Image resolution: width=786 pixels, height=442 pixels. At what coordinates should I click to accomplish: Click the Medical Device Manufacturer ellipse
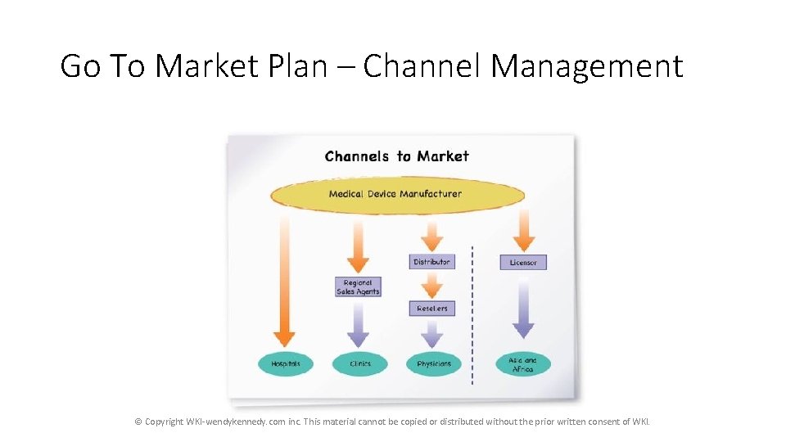[x=397, y=195]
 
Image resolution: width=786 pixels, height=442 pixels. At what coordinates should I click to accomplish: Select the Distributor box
[x=431, y=262]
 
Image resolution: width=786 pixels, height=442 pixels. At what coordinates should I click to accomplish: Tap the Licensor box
[x=523, y=263]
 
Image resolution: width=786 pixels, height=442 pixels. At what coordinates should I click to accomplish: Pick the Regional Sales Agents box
[x=358, y=287]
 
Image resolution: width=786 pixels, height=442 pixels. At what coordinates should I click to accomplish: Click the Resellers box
[x=431, y=309]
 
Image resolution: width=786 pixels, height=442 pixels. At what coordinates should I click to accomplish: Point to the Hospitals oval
[x=286, y=363]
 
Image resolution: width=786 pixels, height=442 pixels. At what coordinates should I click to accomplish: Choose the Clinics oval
[x=359, y=363]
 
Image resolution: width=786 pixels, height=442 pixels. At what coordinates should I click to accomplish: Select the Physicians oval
[x=434, y=363]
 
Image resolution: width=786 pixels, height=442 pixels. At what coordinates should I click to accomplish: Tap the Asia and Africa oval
[x=523, y=364]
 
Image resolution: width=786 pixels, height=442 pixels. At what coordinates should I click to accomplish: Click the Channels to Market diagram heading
[x=396, y=156]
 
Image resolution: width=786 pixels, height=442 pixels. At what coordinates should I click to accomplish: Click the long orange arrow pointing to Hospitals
[x=284, y=278]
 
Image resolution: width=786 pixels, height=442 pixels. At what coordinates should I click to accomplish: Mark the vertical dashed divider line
[x=472, y=315]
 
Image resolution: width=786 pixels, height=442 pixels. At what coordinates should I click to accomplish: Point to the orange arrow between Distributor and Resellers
[x=431, y=284]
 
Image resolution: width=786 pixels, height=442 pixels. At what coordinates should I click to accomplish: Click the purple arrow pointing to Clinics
[x=358, y=323]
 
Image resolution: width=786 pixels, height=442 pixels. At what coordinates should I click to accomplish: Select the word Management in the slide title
[x=586, y=65]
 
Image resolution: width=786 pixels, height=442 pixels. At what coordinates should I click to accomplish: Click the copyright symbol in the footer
[x=138, y=422]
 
